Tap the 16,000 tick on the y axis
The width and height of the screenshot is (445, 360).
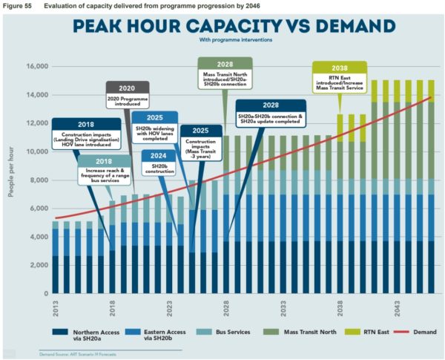point(36,67)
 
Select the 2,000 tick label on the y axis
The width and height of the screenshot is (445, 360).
point(38,266)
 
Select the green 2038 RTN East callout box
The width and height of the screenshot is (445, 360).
point(339,76)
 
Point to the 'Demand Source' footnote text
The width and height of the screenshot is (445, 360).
point(73,354)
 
